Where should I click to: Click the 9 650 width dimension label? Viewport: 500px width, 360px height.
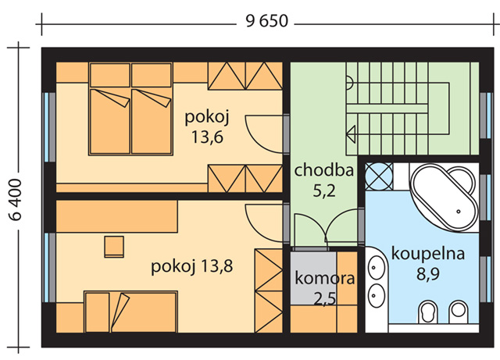tap(267, 21)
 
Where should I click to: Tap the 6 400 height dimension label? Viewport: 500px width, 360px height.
tap(15, 200)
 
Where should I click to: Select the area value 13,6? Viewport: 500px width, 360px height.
tap(207, 137)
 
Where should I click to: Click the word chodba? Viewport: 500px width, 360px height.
tap(324, 170)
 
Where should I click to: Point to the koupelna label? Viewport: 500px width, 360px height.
tap(427, 254)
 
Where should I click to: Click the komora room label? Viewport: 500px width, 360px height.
tap(324, 278)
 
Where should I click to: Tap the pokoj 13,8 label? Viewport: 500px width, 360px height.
tap(191, 266)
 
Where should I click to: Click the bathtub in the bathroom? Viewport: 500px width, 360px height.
tap(445, 197)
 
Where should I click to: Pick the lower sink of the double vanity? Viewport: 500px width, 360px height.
tap(377, 296)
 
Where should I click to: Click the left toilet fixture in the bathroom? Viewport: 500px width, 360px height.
tap(428, 312)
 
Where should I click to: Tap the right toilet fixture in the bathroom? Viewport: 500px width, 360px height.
tap(459, 312)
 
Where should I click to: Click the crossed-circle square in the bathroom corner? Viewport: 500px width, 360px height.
tap(378, 176)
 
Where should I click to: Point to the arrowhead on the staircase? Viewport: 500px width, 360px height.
tap(351, 134)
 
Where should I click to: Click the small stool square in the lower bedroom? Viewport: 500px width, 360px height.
tap(114, 247)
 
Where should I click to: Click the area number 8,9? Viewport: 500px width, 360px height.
tap(427, 274)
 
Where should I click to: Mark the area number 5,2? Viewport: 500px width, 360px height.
tap(324, 191)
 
